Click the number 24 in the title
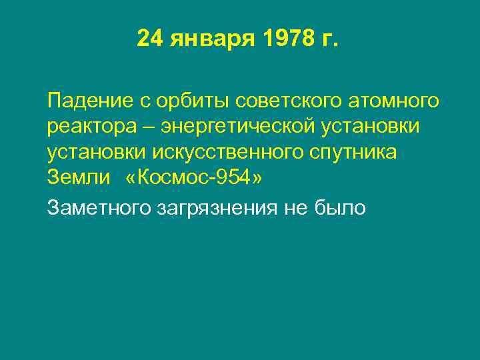150,39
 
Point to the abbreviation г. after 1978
330,40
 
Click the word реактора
88,127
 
